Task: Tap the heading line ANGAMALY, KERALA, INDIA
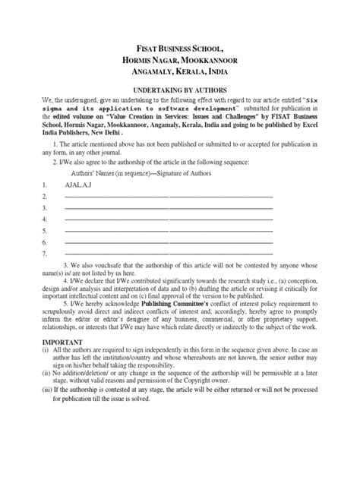point(179,72)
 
